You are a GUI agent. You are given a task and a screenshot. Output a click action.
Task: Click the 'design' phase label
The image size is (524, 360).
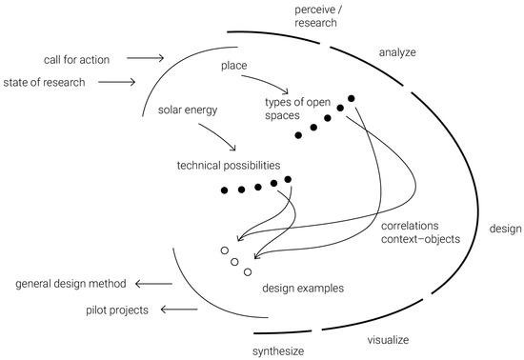(504, 229)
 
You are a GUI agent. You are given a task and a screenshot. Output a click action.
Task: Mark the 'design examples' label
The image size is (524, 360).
(302, 287)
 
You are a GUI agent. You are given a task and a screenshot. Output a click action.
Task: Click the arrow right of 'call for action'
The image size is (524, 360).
(144, 59)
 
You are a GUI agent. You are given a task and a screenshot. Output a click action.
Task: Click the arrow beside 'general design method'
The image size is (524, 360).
(153, 284)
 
